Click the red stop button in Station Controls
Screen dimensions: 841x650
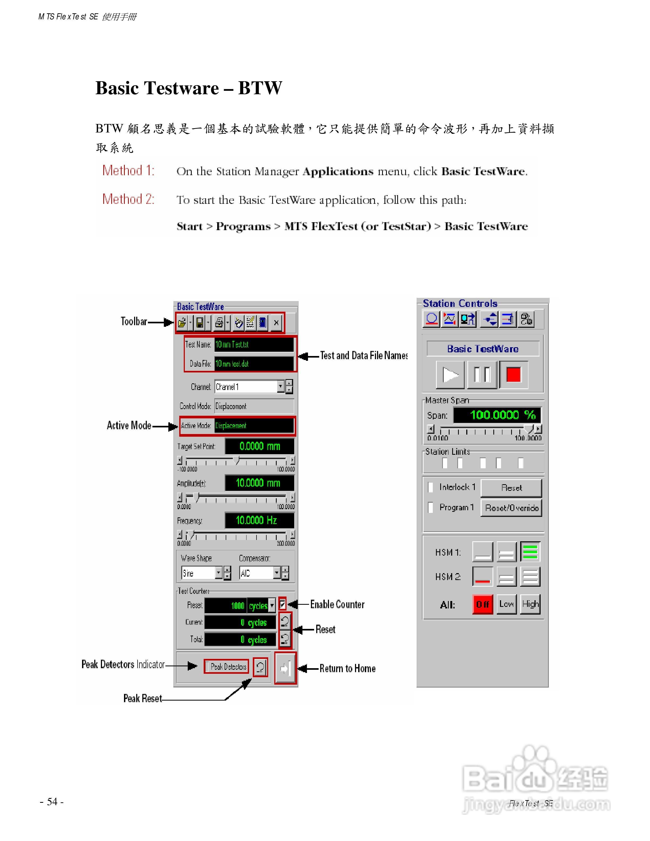pyautogui.click(x=513, y=374)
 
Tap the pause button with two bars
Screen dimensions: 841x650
pyautogui.click(x=482, y=374)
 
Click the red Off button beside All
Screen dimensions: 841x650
pyautogui.click(x=482, y=604)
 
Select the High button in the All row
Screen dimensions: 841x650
pyautogui.click(x=530, y=604)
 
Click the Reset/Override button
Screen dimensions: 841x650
pyautogui.click(x=511, y=508)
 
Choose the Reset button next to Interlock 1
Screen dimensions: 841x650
pyautogui.click(x=511, y=488)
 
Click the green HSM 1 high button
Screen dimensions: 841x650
pyautogui.click(x=530, y=552)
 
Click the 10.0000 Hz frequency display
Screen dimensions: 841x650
pyautogui.click(x=259, y=521)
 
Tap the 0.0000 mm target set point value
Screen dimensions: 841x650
pyautogui.click(x=259, y=446)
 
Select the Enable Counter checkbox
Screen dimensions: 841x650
pyautogui.click(x=283, y=604)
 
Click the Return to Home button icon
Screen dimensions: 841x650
pyautogui.click(x=285, y=668)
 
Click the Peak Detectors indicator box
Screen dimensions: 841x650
pyautogui.click(x=226, y=667)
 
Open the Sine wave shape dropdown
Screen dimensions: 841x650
pyautogui.click(x=218, y=573)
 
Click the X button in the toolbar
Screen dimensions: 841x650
pyautogui.click(x=276, y=323)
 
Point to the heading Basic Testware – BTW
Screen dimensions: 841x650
pyautogui.click(x=189, y=88)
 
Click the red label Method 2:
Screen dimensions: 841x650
pyautogui.click(x=128, y=199)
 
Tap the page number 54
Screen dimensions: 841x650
pyautogui.click(x=52, y=802)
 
